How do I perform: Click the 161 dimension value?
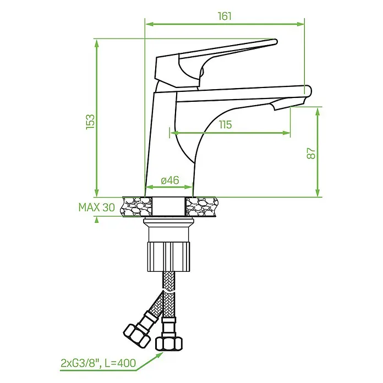225,16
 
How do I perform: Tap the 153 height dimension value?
90,122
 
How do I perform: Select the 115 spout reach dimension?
225,124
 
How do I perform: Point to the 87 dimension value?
311,154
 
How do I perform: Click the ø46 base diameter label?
170,180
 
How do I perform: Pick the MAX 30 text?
97,207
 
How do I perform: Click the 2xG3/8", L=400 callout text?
98,363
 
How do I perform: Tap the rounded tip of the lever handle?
275,42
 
